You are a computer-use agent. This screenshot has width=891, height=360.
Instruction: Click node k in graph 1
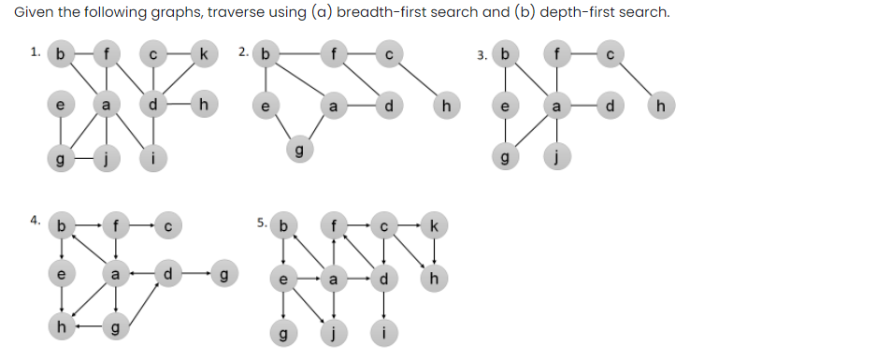(x=202, y=53)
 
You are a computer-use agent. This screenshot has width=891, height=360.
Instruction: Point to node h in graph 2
(x=447, y=107)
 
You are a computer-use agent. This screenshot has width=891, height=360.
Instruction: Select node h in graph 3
(x=662, y=107)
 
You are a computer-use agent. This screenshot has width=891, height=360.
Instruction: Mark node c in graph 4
(x=166, y=223)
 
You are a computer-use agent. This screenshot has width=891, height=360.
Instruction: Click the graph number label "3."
(x=481, y=54)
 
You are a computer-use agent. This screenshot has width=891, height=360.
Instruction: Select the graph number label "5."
(x=262, y=223)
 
